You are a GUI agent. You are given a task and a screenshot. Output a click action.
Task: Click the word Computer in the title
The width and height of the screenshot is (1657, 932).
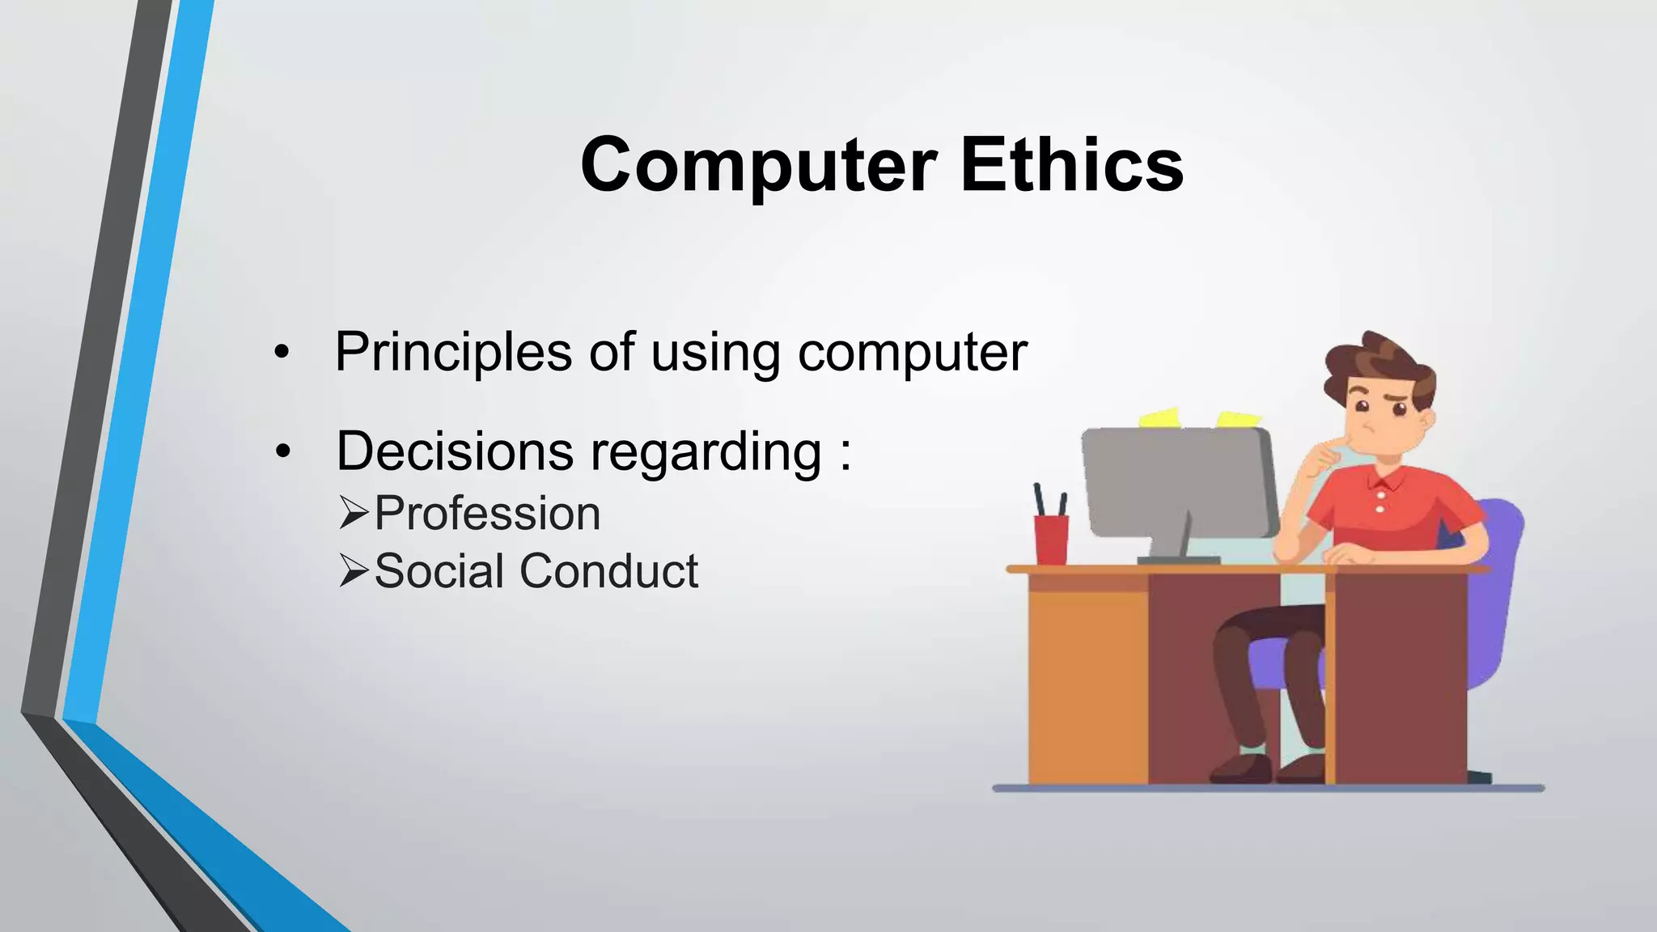(758, 166)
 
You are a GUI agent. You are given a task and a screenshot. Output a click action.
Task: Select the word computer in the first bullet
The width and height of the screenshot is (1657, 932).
(912, 354)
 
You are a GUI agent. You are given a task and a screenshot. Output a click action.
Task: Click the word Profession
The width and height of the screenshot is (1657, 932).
(487, 514)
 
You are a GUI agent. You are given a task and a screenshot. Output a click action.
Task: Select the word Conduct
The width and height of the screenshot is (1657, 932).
(608, 571)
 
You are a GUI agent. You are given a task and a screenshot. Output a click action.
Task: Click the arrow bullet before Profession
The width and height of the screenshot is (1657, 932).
(354, 513)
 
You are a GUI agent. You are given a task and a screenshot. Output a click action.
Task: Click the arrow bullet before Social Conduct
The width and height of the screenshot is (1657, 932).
(354, 571)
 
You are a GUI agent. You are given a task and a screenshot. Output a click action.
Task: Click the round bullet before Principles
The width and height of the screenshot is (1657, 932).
(281, 353)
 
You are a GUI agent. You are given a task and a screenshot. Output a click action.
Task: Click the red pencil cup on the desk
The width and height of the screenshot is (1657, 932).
(1051, 539)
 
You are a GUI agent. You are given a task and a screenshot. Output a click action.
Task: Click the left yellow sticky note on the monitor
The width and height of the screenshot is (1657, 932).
(1159, 418)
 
